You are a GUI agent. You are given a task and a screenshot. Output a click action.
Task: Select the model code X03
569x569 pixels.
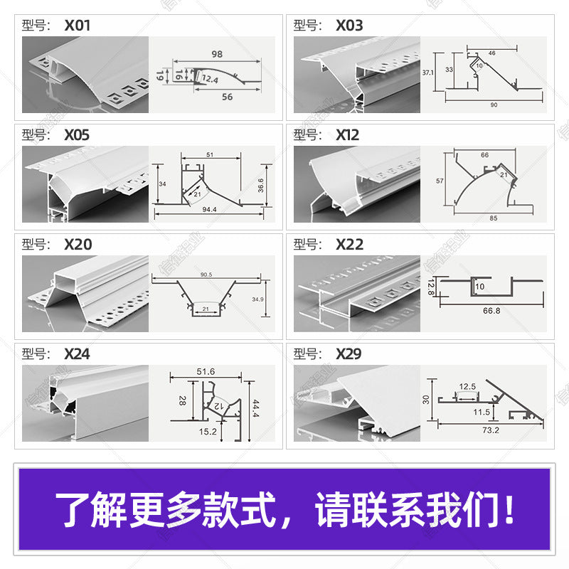[349, 26]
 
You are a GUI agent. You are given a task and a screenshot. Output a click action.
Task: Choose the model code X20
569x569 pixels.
[78, 245]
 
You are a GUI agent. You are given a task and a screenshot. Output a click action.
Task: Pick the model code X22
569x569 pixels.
[349, 245]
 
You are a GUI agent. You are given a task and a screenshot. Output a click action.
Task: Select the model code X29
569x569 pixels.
[349, 353]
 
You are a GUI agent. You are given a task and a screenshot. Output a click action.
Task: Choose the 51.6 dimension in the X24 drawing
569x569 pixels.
[206, 371]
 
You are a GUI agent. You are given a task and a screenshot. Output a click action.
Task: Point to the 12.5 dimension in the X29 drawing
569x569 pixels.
[467, 387]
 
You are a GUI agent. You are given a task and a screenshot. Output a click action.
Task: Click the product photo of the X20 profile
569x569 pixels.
[85, 293]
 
